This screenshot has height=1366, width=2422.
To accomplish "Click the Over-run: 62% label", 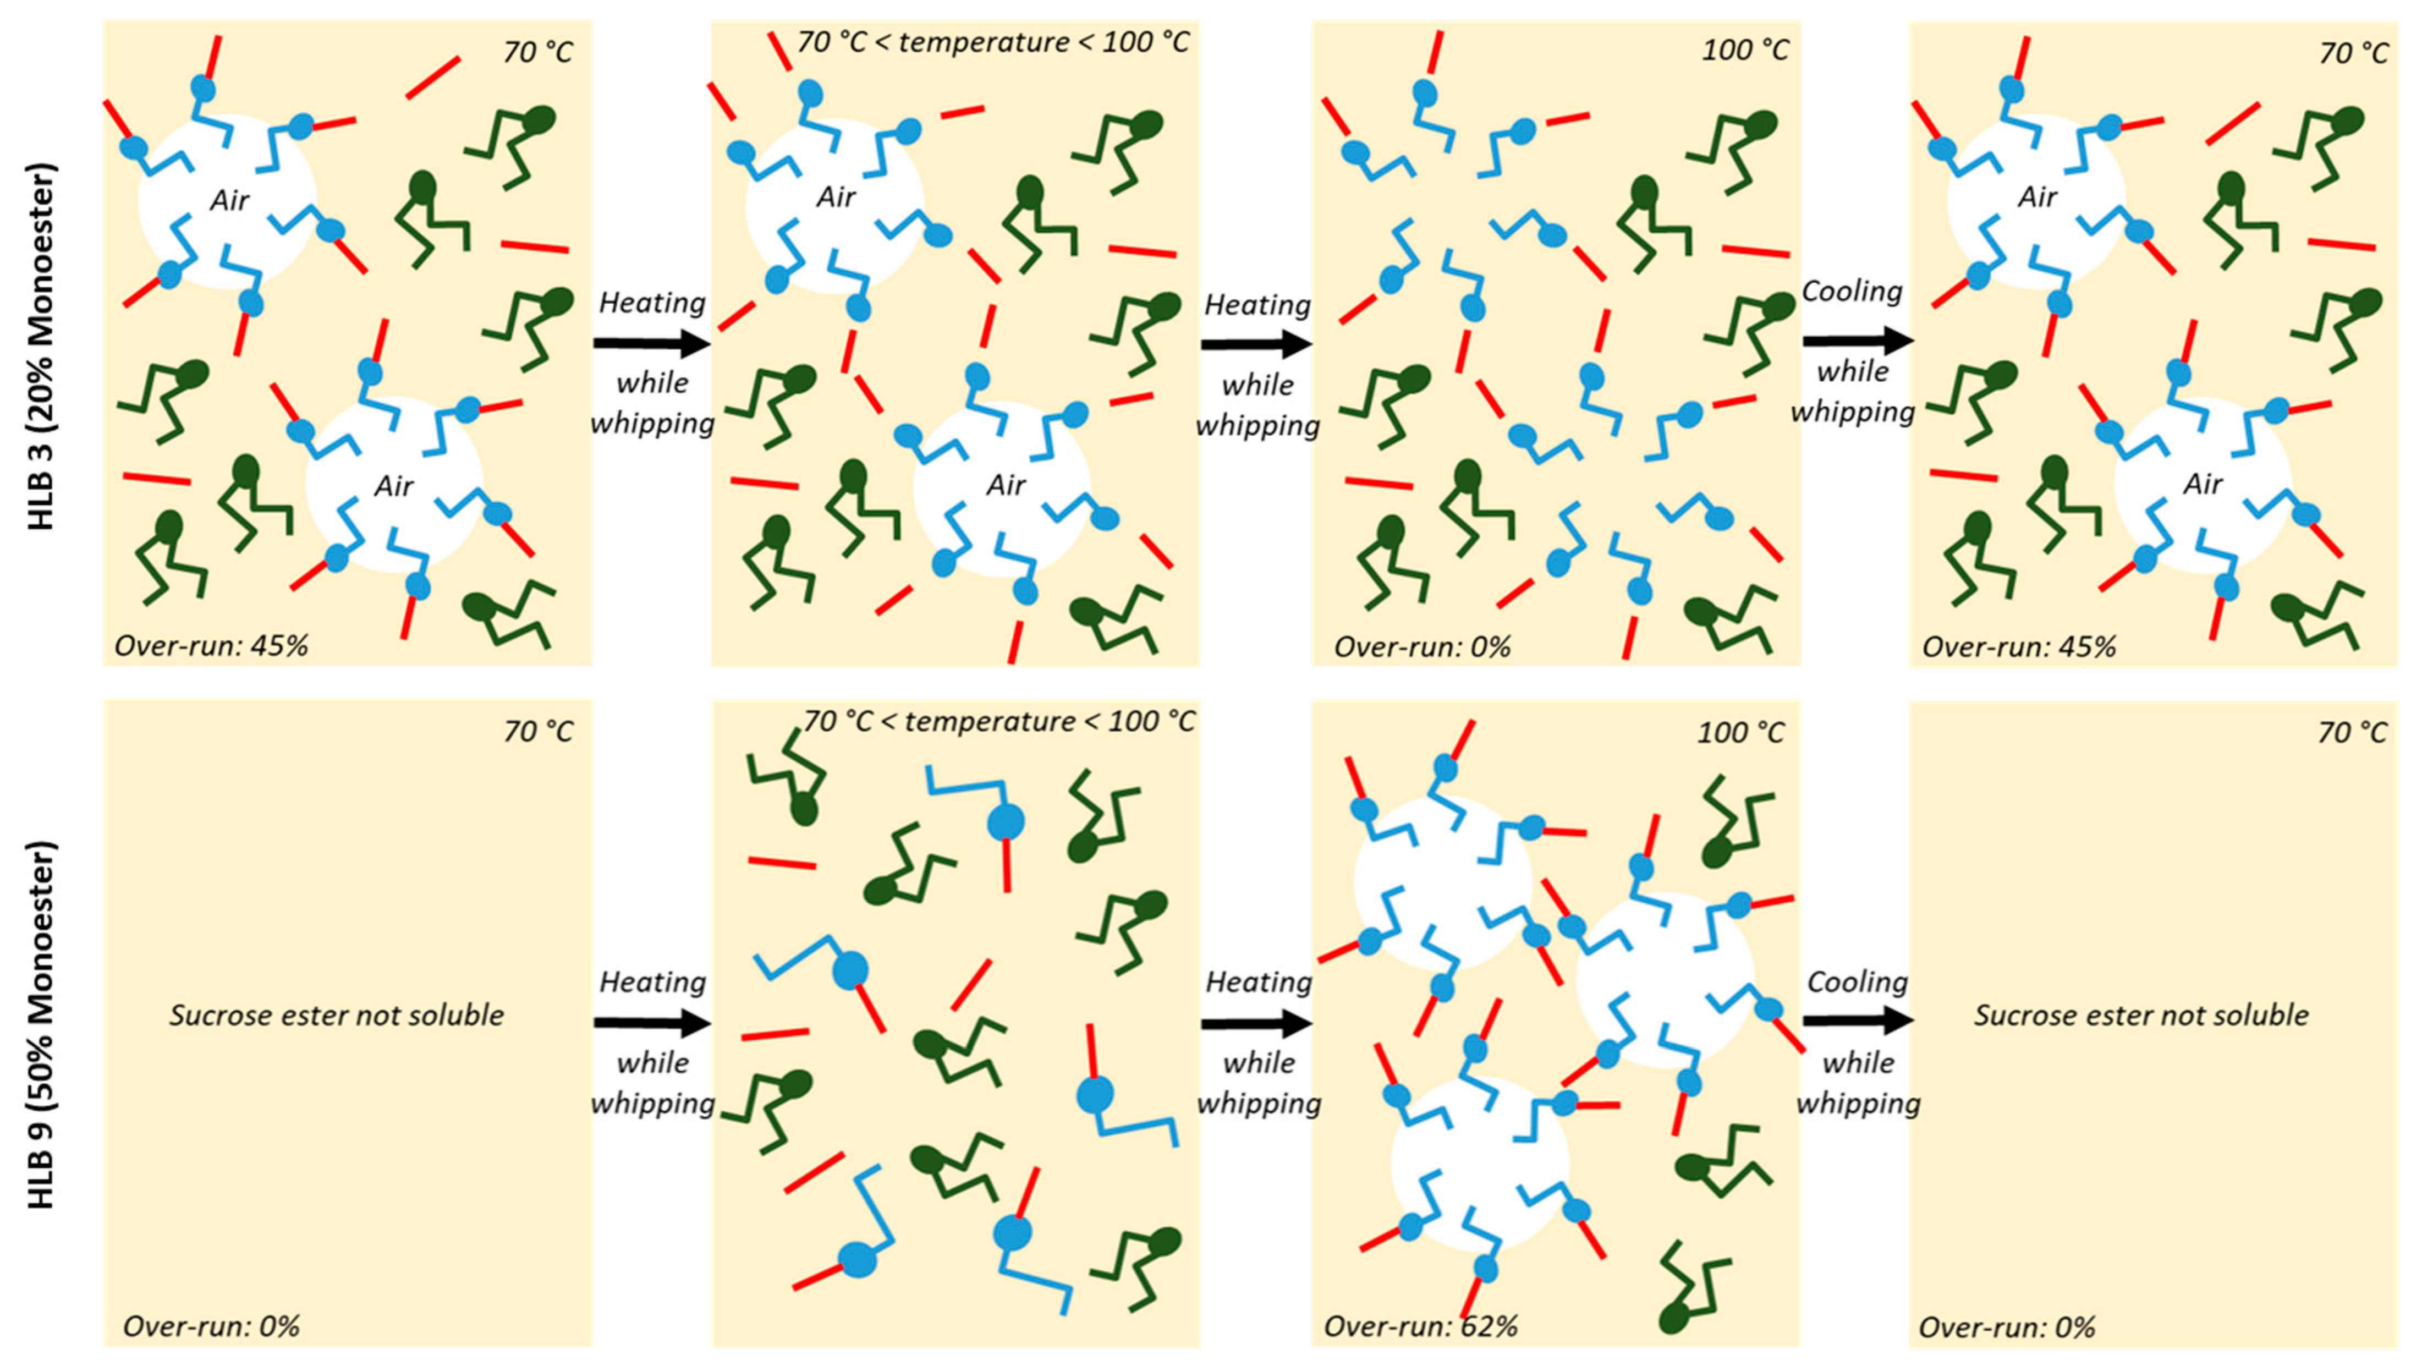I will (x=1421, y=1326).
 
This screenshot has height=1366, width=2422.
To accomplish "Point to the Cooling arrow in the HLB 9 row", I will (x=1857, y=1020).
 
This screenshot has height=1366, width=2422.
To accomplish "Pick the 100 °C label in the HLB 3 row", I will (x=1745, y=50).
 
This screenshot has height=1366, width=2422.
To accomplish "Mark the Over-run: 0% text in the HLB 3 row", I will (x=1421, y=647).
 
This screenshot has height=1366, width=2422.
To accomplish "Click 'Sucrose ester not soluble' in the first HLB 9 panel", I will (x=337, y=1016).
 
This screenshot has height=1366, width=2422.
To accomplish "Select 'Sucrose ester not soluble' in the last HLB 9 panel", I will (x=2141, y=1016).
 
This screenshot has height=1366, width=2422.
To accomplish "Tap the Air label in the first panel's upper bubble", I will (x=229, y=199).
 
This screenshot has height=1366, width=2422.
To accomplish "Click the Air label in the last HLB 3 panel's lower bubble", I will (x=2202, y=484).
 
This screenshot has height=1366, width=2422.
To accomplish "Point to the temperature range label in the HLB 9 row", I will (x=998, y=721).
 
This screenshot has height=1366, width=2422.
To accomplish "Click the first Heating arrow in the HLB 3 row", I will (x=651, y=343).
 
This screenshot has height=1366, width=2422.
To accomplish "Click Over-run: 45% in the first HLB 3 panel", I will (x=211, y=646).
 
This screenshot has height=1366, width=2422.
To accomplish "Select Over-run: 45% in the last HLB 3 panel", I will (x=2019, y=647).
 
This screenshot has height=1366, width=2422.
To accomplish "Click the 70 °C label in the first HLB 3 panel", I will (x=537, y=52).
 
